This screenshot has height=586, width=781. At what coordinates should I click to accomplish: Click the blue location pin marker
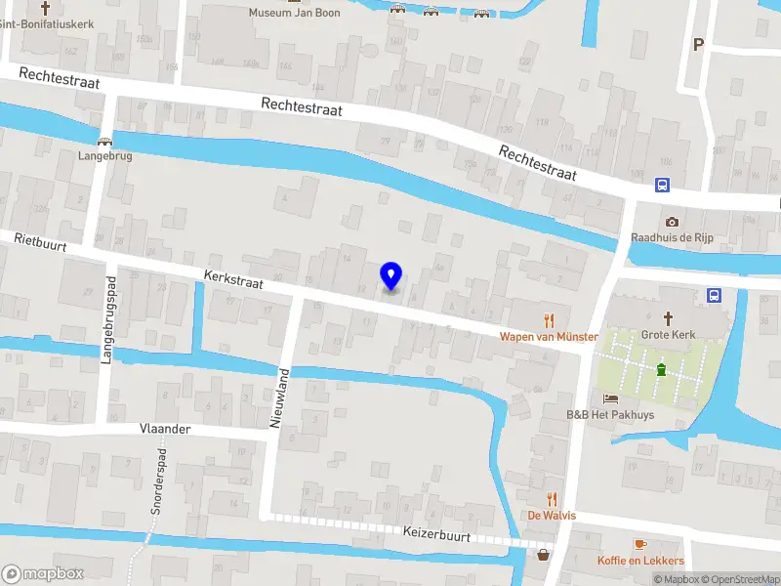(391, 276)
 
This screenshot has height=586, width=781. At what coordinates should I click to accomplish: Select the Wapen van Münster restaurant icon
(549, 319)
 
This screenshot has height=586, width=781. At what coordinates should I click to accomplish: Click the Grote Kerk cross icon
(669, 317)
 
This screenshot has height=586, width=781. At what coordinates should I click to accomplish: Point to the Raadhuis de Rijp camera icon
(672, 222)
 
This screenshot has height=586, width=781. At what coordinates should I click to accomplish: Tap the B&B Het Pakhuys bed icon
(610, 398)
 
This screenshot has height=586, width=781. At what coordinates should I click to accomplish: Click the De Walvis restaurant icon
(552, 498)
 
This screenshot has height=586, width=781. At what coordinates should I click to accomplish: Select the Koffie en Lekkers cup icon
(640, 544)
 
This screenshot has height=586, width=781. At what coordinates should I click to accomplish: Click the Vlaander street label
(165, 429)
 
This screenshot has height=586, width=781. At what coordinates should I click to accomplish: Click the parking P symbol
(697, 43)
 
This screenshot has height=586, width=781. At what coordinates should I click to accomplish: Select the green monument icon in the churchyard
(662, 369)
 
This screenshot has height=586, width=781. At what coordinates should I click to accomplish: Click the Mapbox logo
(43, 573)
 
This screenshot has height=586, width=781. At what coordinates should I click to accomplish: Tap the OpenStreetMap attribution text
(741, 579)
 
